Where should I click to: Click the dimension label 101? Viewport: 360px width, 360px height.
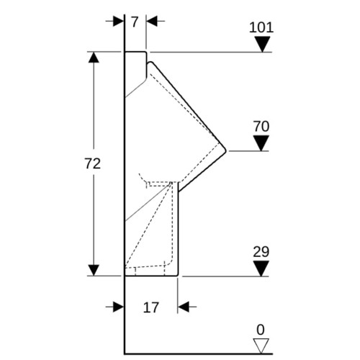(x=261, y=27)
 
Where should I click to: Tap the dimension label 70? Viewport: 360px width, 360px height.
(x=261, y=127)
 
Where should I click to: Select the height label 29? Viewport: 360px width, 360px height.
(x=261, y=252)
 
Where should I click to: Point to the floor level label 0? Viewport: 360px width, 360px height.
(x=261, y=330)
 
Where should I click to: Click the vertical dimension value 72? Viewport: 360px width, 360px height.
(x=93, y=164)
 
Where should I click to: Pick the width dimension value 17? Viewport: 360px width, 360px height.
(x=151, y=307)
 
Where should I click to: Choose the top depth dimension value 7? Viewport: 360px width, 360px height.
(x=135, y=22)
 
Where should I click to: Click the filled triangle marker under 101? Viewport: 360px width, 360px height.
(x=263, y=44)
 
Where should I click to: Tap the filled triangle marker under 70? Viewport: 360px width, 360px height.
(x=261, y=143)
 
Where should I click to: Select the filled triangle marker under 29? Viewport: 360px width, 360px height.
(x=261, y=269)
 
